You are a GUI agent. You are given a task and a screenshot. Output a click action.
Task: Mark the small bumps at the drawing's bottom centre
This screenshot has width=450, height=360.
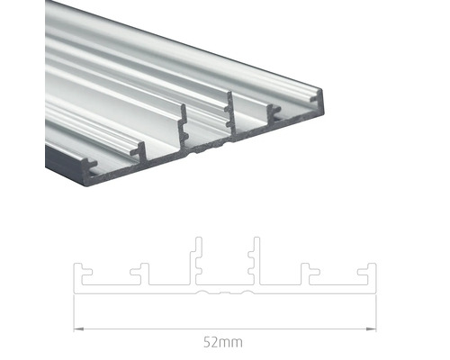[225, 293]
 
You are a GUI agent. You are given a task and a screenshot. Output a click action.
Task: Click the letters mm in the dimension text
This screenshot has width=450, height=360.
[232, 342]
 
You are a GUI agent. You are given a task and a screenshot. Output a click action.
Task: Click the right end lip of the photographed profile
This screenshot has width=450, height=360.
[320, 94]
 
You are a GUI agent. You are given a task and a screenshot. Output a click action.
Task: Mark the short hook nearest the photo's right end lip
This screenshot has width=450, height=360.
[274, 110]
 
